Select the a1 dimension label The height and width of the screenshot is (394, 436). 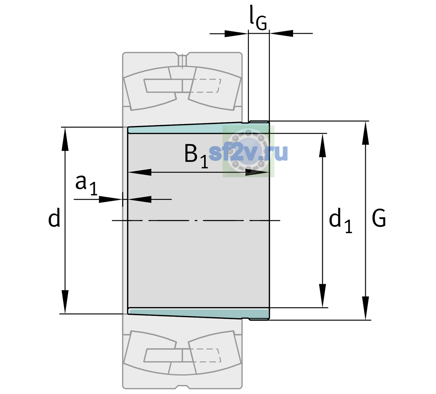[x=86, y=185]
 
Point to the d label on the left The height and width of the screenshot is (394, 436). [x=54, y=217]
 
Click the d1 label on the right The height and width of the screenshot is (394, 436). [x=340, y=220]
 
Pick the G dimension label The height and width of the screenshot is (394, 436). [x=379, y=218]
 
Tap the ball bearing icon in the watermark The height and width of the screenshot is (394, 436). [x=248, y=151]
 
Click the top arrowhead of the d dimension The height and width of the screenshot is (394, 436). [x=65, y=139]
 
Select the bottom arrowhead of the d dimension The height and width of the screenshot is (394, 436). [x=65, y=302]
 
